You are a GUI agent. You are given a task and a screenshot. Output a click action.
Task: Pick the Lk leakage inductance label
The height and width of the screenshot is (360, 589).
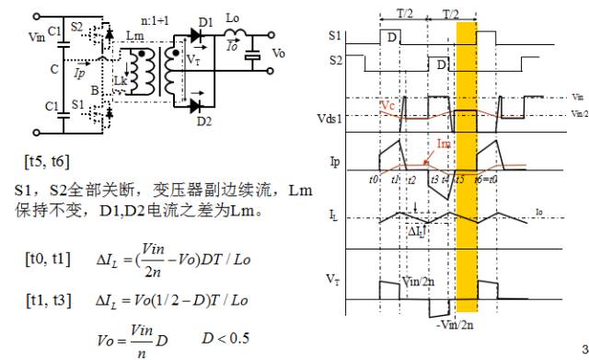point(121,81)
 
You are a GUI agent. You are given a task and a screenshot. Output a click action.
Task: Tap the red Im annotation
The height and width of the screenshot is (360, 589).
point(444,145)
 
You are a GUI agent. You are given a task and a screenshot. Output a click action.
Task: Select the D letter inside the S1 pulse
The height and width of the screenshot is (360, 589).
point(393,38)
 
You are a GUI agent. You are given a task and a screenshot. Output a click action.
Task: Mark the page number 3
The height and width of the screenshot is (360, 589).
point(582,348)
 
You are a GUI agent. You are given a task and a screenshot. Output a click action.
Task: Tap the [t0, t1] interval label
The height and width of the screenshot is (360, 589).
point(46,259)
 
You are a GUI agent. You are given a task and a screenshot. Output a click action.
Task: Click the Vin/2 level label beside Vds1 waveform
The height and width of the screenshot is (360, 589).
point(577,114)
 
